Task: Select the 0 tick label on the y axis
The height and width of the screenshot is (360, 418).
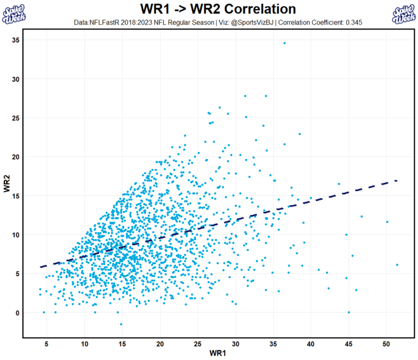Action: [17, 313]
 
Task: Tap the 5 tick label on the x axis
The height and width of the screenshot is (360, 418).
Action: [47, 344]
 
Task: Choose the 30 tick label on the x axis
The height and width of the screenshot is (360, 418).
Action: [235, 344]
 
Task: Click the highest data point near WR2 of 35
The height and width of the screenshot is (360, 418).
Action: [284, 43]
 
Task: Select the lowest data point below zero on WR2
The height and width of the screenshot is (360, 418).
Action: [121, 324]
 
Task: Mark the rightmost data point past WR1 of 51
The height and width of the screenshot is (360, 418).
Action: [397, 265]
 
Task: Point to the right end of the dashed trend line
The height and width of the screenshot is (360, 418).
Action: [396, 180]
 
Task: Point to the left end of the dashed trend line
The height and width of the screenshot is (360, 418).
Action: [41, 267]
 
